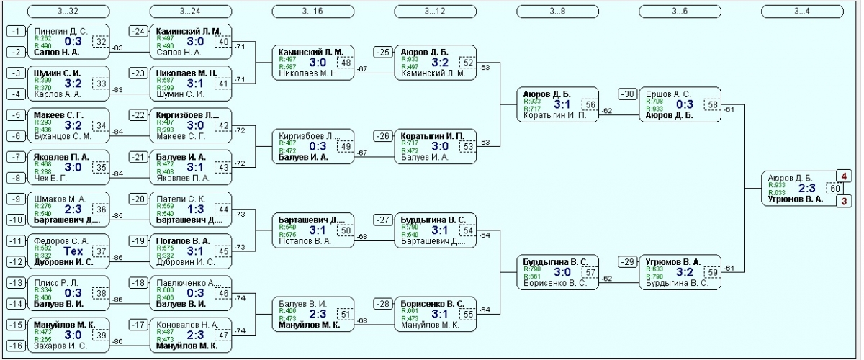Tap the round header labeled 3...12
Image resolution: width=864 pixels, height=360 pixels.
(x=435, y=11)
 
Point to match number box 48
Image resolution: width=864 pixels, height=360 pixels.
(x=346, y=63)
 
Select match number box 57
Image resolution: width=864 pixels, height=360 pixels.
(x=590, y=273)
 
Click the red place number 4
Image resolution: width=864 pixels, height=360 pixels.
(x=844, y=176)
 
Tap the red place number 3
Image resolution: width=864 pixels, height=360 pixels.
(x=844, y=201)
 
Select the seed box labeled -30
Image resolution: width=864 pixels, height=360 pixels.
(x=628, y=94)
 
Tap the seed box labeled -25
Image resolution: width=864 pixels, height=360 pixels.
(x=383, y=52)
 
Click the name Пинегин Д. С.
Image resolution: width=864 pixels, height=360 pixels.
(x=60, y=31)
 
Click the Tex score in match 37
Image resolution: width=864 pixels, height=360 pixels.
(x=73, y=251)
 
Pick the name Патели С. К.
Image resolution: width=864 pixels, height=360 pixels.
(x=178, y=199)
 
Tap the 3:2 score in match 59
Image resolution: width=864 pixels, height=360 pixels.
(x=685, y=273)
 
